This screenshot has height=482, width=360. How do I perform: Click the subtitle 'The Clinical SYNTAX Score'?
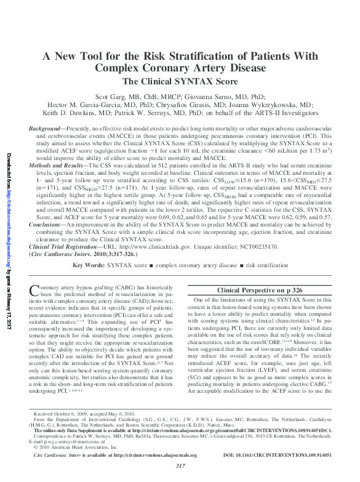click(x=180, y=81)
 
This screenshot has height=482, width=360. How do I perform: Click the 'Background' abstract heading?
click(x=47, y=125)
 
